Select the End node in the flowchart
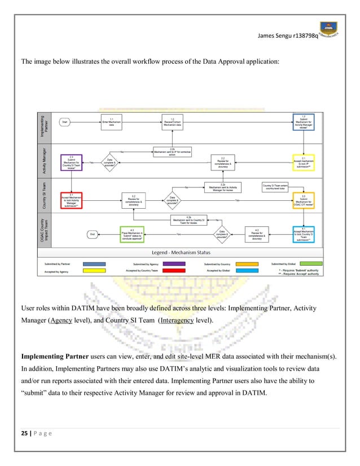(x=93, y=233)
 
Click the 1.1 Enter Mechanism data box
(x=112, y=121)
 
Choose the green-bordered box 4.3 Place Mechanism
(x=131, y=234)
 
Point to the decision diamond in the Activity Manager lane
(x=112, y=162)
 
